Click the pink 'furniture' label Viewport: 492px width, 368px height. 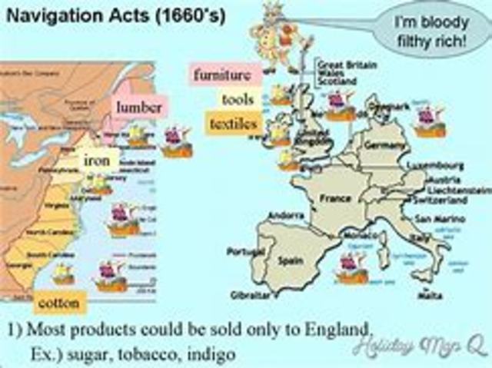tap(223, 75)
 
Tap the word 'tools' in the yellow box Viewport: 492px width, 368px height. tap(238, 99)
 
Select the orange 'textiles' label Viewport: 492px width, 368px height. tap(233, 123)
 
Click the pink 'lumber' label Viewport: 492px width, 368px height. tap(138, 108)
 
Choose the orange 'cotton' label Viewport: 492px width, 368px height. tap(58, 302)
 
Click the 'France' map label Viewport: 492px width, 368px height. tap(335, 199)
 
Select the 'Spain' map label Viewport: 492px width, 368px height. tap(290, 260)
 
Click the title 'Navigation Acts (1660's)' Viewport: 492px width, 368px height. tap(117, 16)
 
